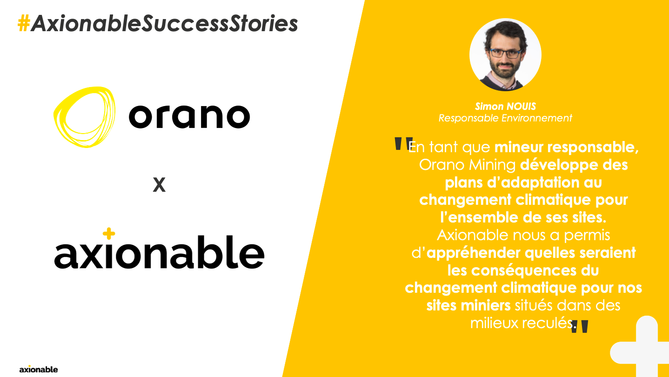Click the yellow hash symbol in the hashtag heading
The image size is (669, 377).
click(x=24, y=23)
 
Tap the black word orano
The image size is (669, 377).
click(x=189, y=116)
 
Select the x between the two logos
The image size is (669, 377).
click(x=159, y=185)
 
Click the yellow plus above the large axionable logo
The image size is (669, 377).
click(x=109, y=234)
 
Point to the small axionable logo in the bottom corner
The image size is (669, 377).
click(x=39, y=369)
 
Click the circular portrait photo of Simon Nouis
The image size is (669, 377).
click(x=505, y=54)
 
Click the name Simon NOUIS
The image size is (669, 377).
click(x=505, y=106)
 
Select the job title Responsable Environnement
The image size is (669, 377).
click(x=505, y=118)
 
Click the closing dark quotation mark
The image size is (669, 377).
click(x=579, y=327)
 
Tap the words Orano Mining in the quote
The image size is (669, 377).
click(x=468, y=165)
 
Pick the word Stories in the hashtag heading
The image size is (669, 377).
click(x=264, y=23)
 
